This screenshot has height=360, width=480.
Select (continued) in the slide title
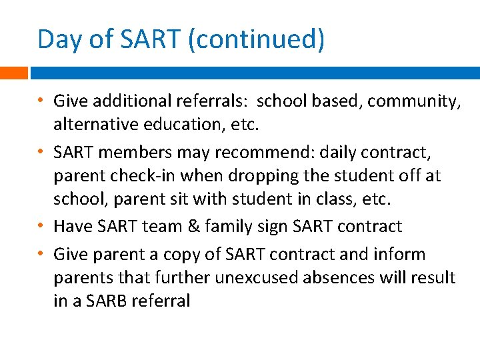[x=257, y=40]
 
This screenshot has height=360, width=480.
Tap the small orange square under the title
[x=13, y=73]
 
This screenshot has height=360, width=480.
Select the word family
[x=228, y=227]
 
